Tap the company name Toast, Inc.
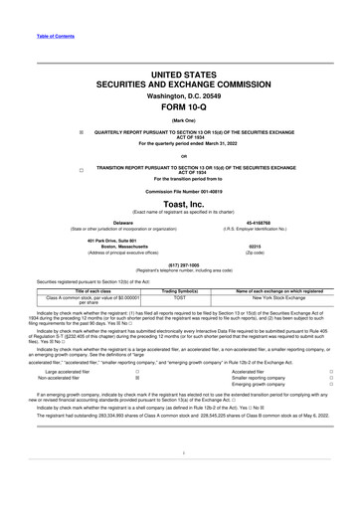coord(180,203)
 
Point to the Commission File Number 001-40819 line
coord(180,190)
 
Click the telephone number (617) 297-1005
coord(180,264)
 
